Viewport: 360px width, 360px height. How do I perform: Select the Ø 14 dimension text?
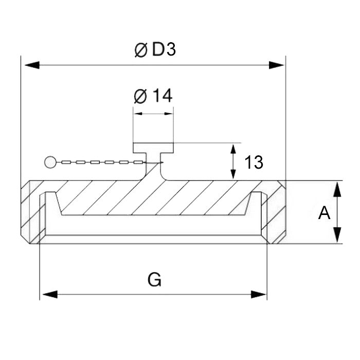[153, 96]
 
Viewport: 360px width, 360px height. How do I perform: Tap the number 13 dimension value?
[254, 163]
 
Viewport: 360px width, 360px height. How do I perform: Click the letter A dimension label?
[324, 212]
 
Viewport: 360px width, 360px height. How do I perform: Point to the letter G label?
[154, 280]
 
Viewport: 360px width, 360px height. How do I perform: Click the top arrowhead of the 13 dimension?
[233, 150]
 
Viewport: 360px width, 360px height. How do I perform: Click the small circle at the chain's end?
[50, 163]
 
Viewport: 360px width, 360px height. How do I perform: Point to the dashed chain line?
[98, 163]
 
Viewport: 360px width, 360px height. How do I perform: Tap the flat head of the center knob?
[154, 148]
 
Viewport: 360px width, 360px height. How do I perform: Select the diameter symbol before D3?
[140, 50]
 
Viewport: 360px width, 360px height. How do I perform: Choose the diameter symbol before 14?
[140, 96]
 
